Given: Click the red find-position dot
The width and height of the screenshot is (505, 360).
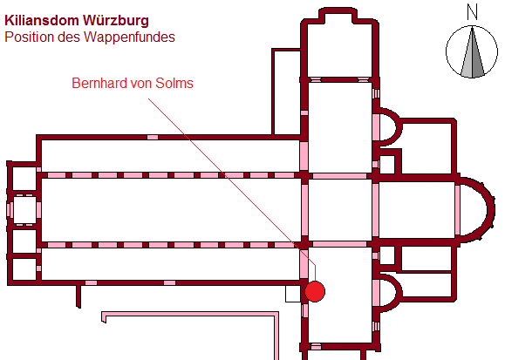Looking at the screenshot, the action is pyautogui.click(x=315, y=291).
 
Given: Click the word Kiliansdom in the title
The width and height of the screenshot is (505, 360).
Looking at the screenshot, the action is pyautogui.click(x=42, y=21).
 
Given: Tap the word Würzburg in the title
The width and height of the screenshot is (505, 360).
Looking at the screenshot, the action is pyautogui.click(x=116, y=20).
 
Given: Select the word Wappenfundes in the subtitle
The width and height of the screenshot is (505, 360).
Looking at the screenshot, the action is pyautogui.click(x=129, y=37).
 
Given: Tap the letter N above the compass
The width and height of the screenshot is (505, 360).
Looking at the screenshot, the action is pyautogui.click(x=472, y=12).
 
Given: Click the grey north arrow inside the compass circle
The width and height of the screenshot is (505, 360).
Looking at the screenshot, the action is pyautogui.click(x=472, y=53).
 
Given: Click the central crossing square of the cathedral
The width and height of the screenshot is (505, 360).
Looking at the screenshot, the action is pyautogui.click(x=340, y=210).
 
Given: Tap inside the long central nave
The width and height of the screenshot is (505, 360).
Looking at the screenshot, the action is pyautogui.click(x=171, y=210).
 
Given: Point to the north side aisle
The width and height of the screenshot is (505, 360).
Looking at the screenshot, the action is pyautogui.click(x=171, y=156).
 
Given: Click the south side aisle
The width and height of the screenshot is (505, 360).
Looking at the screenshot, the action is pyautogui.click(x=171, y=264).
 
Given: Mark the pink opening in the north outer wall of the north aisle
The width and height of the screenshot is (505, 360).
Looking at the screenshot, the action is pyautogui.click(x=153, y=137).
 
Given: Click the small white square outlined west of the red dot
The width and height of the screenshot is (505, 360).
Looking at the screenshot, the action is pyautogui.click(x=293, y=294).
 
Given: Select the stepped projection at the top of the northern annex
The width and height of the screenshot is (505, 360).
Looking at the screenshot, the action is pyautogui.click(x=338, y=15).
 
